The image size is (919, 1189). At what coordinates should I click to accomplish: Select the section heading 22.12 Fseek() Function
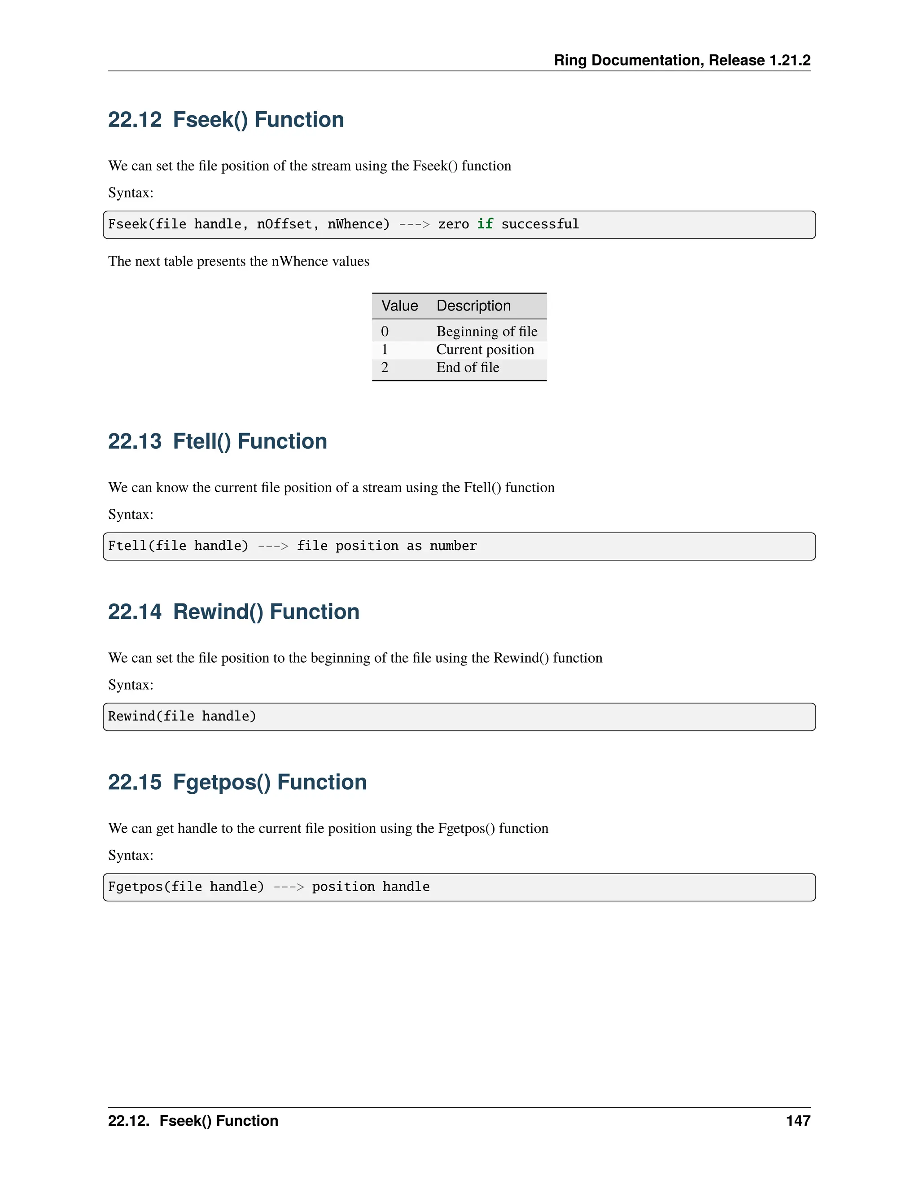pyautogui.click(x=226, y=120)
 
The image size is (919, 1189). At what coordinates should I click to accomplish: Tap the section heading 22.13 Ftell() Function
pyautogui.click(x=217, y=442)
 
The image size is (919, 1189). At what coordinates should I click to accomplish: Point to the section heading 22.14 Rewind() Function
pyautogui.click(x=233, y=612)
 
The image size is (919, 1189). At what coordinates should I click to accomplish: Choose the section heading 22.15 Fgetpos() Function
pyautogui.click(x=237, y=782)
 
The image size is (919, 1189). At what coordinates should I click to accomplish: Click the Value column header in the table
pyautogui.click(x=400, y=306)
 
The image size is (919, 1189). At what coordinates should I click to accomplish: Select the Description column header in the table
pyautogui.click(x=474, y=306)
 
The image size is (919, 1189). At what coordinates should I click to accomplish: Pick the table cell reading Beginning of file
pyautogui.click(x=487, y=332)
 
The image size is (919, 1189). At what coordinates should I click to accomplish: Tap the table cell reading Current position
pyautogui.click(x=485, y=350)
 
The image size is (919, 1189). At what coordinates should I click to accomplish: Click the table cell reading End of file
pyautogui.click(x=468, y=367)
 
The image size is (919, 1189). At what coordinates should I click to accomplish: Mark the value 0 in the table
pyautogui.click(x=385, y=332)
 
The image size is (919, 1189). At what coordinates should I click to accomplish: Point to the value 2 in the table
pyautogui.click(x=385, y=367)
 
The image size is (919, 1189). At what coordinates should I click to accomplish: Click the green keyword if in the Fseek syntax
pyautogui.click(x=485, y=224)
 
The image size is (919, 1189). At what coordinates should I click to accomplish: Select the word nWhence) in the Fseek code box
pyautogui.click(x=359, y=224)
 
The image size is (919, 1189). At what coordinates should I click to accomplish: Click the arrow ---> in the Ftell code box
pyautogui.click(x=273, y=546)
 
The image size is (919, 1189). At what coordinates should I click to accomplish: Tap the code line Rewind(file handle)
pyautogui.click(x=182, y=717)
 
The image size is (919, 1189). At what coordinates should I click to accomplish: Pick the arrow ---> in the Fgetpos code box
pyautogui.click(x=289, y=887)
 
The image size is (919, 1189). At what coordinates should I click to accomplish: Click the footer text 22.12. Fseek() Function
pyautogui.click(x=193, y=1121)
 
